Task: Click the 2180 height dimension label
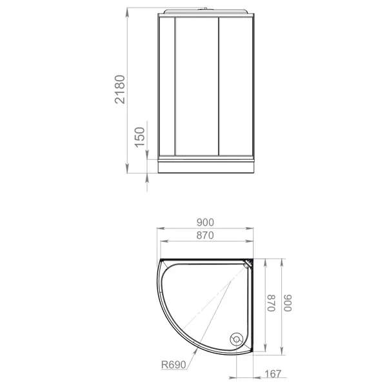120,89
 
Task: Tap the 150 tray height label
140,137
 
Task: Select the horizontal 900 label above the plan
205,223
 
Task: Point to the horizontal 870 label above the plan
205,235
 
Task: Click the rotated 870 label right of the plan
272,303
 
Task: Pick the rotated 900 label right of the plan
288,303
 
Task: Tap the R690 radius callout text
174,365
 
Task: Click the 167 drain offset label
273,374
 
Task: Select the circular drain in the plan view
237,339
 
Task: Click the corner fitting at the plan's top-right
248,263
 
